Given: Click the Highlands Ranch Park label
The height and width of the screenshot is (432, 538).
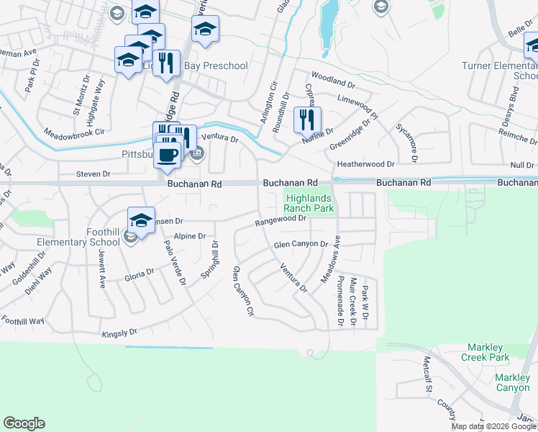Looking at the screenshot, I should (x=310, y=203).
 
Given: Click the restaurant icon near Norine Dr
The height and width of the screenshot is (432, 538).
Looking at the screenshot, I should (x=306, y=119).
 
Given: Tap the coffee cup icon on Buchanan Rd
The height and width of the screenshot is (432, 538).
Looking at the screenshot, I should (x=168, y=155).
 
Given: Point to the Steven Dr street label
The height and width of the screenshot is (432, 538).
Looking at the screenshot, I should (x=94, y=174).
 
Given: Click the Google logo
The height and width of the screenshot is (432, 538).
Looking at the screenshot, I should (x=24, y=423).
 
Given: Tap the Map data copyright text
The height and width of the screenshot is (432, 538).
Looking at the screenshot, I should (x=494, y=426).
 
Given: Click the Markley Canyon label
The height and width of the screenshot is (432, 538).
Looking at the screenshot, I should (x=512, y=382).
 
